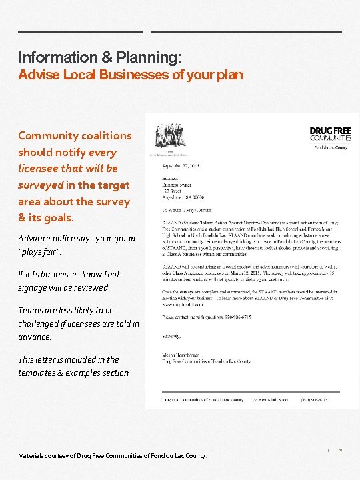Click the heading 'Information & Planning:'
[99, 57]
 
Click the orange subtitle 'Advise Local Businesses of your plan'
[131, 74]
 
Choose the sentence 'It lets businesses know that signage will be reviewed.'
[69, 281]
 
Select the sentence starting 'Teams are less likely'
[78, 323]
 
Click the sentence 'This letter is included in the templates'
[73, 366]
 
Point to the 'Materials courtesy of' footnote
[112, 455]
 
